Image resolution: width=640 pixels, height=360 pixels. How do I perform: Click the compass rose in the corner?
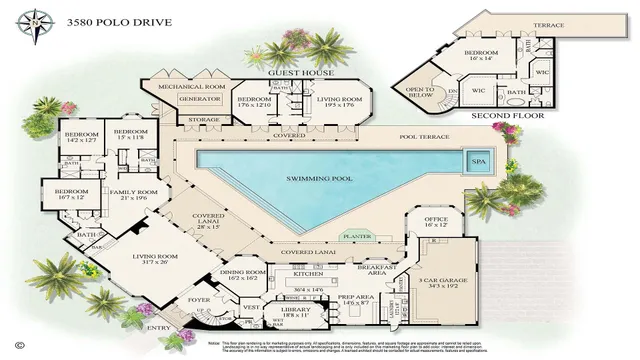[36, 20]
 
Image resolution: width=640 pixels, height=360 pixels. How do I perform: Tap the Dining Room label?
[243, 273]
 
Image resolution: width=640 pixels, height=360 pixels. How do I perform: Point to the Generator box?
[198, 100]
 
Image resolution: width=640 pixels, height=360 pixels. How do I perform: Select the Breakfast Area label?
[384, 270]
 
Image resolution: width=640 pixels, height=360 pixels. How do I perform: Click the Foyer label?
[201, 297]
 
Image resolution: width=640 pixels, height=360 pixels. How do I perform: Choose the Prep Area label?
[356, 298]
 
